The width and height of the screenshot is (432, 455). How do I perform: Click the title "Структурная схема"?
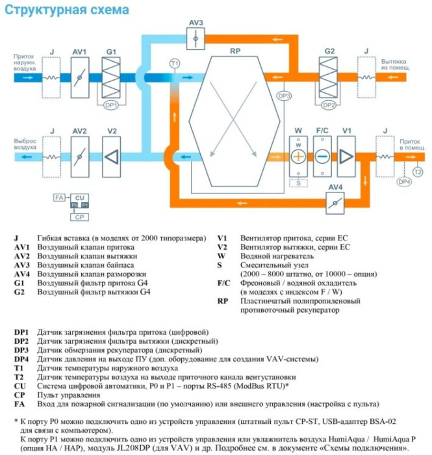pyautogui.click(x=63, y=10)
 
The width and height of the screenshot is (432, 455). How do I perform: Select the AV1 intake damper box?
pyautogui.click(x=79, y=77)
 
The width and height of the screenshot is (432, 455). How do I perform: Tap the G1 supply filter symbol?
pyautogui.click(x=111, y=77)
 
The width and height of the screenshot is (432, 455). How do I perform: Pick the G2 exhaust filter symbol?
pyautogui.click(x=329, y=77)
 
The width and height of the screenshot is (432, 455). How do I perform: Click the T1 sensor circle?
pyautogui.click(x=173, y=63)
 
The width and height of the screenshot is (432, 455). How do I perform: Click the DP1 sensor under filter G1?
pyautogui.click(x=111, y=103)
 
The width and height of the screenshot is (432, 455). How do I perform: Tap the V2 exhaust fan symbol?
pyautogui.click(x=111, y=156)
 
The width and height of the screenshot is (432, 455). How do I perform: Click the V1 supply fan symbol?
pyautogui.click(x=346, y=156)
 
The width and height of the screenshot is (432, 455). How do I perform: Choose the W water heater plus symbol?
pyautogui.click(x=299, y=156)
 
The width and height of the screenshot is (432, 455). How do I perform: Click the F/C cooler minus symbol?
pyautogui.click(x=322, y=156)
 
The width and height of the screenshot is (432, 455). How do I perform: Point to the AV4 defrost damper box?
pyautogui.click(x=335, y=202)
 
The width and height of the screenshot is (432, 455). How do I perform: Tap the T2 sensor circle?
pyautogui.click(x=417, y=171)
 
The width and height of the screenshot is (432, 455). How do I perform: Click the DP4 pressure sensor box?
pyautogui.click(x=404, y=182)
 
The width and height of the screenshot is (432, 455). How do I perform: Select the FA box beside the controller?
pyautogui.click(x=59, y=196)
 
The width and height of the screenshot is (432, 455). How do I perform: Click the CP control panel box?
pyautogui.click(x=79, y=216)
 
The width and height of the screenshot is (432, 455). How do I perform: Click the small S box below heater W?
pyautogui.click(x=298, y=183)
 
